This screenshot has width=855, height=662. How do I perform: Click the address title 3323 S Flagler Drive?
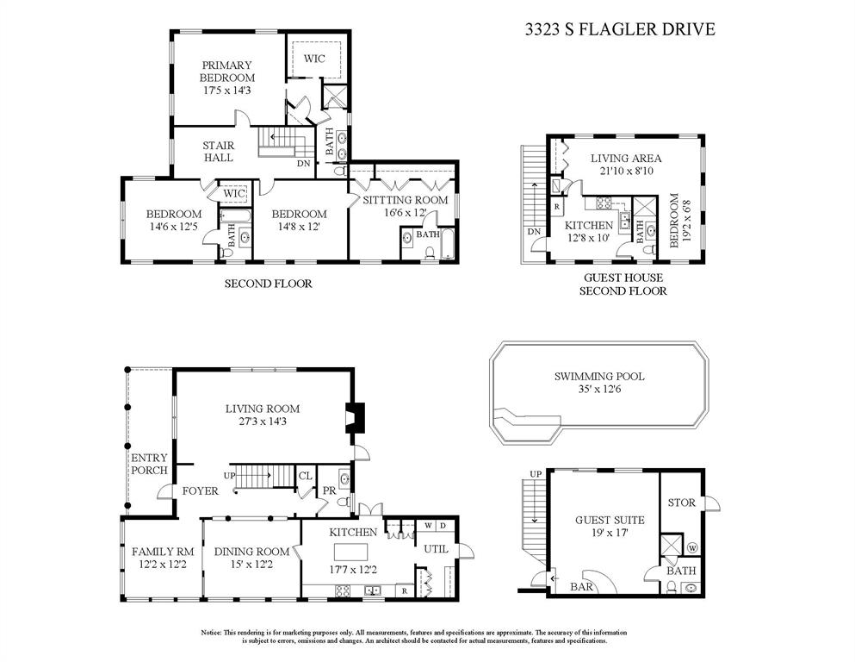click(620, 29)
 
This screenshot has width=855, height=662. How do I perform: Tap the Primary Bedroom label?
click(226, 72)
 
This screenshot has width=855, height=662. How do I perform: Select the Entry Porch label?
click(149, 464)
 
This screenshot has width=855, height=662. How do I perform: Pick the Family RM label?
click(162, 552)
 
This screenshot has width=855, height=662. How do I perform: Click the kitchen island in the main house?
click(355, 552)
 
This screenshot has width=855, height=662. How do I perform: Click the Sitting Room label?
click(405, 199)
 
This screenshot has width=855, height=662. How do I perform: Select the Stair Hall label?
click(218, 151)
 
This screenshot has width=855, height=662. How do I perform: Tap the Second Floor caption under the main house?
click(268, 283)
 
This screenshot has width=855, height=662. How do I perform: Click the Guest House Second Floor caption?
click(624, 284)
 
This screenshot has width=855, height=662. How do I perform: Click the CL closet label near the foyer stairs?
click(305, 475)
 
